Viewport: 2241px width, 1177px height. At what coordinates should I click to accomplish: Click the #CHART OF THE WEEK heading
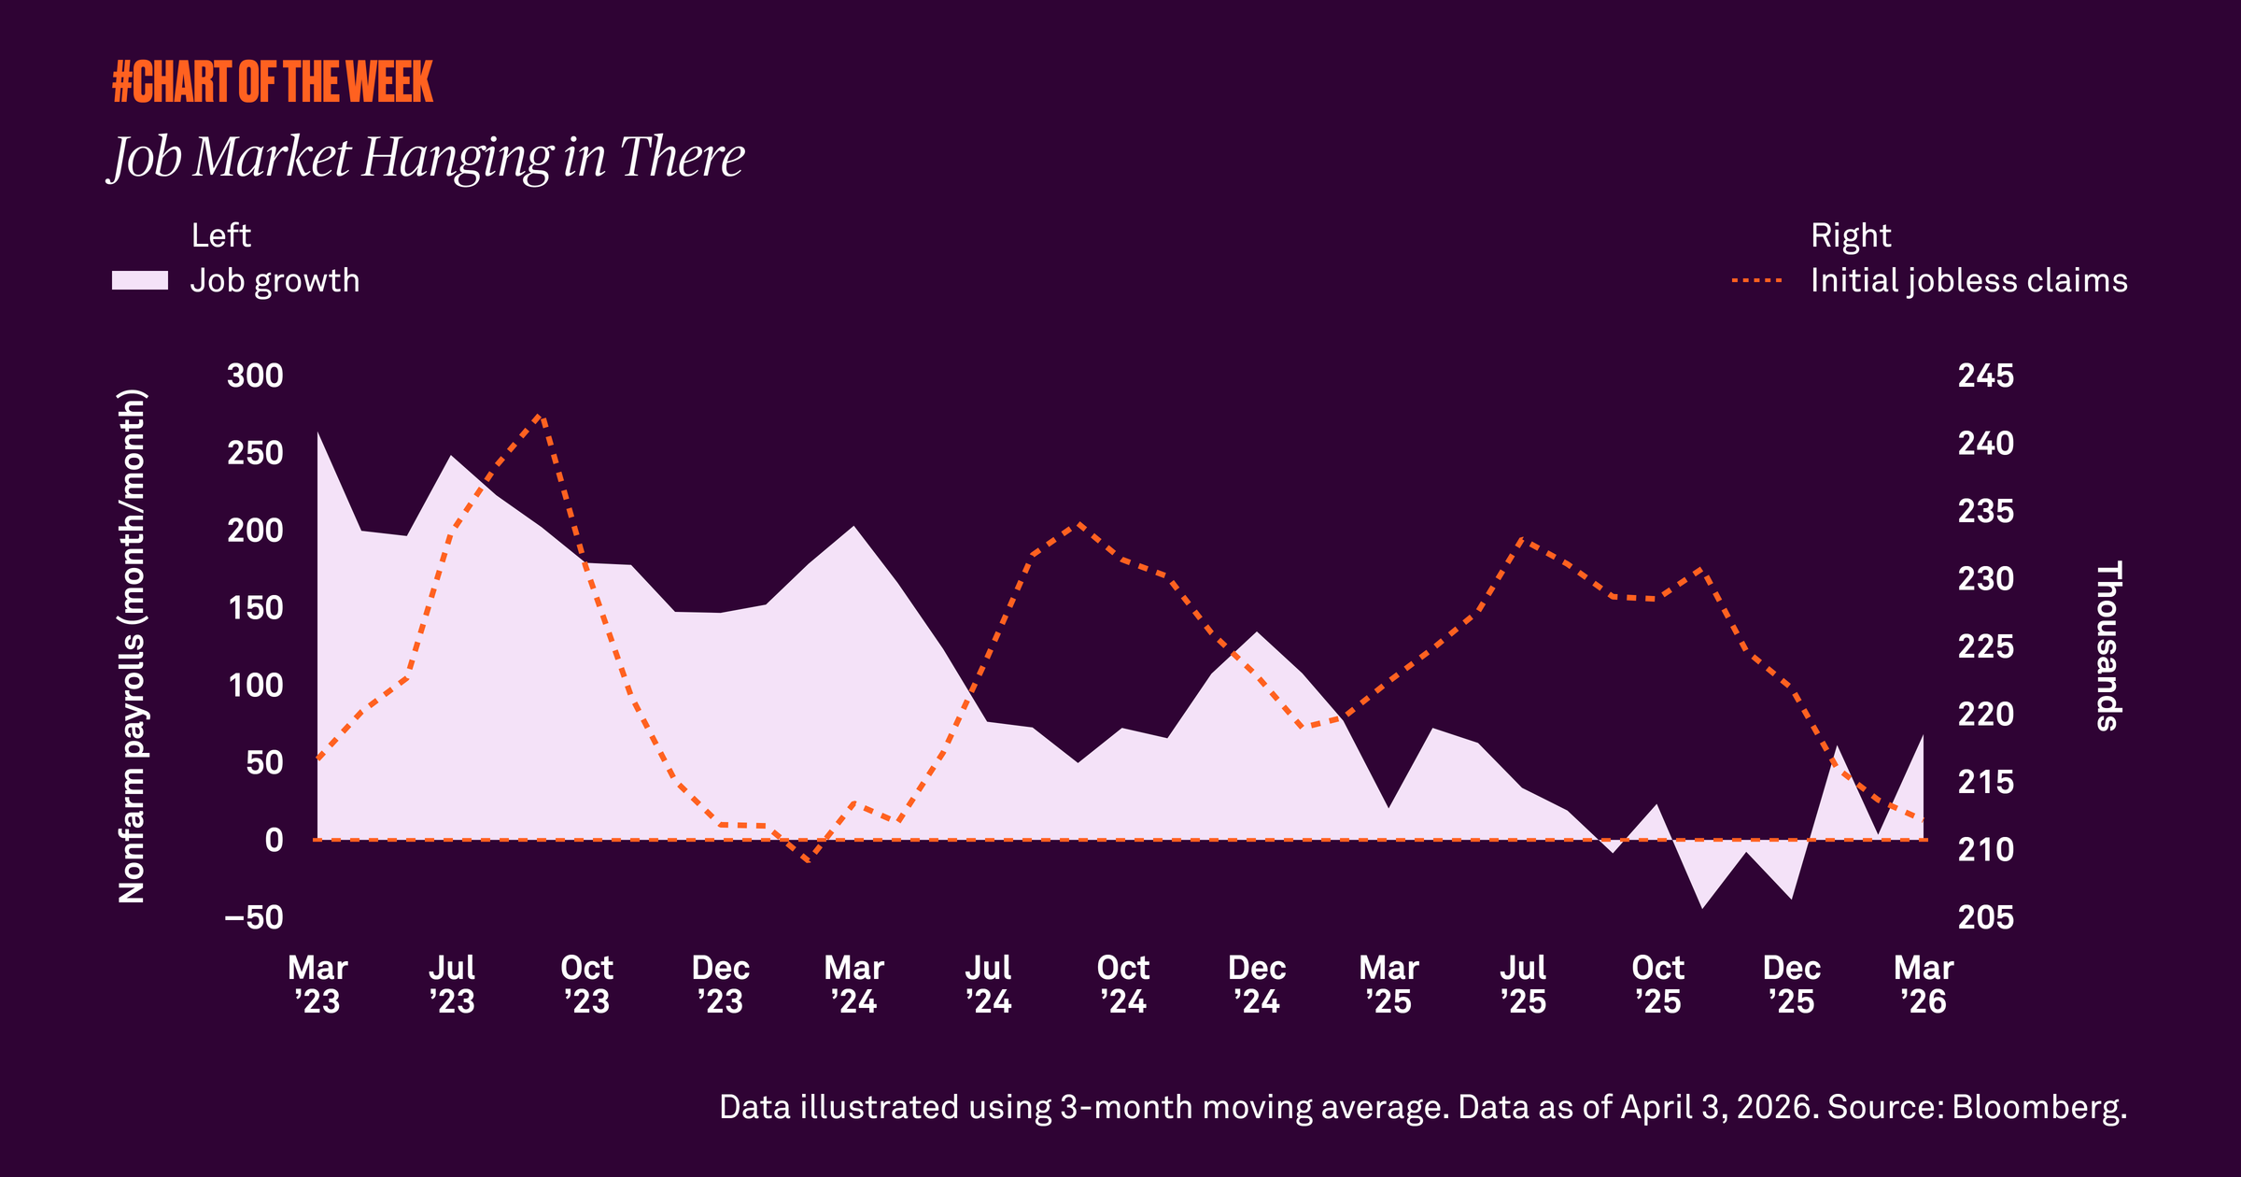273,82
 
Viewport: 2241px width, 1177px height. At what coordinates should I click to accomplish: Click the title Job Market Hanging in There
427,157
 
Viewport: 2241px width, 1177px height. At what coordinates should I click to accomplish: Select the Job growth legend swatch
140,280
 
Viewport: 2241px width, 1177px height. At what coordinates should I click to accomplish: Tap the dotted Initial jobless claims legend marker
1756,280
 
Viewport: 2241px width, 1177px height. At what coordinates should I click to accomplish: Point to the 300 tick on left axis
255,376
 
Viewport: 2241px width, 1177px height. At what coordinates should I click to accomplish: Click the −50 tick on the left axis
254,917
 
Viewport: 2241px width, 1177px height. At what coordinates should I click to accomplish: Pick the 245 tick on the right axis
1985,376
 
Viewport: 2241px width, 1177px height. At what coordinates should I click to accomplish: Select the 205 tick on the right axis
1985,917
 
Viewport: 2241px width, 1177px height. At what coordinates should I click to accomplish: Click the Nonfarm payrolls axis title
132,646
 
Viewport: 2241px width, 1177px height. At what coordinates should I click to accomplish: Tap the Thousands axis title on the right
2108,646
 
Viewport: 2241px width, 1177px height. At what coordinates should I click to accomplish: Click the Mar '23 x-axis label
317,985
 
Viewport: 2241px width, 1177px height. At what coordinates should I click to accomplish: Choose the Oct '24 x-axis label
1122,985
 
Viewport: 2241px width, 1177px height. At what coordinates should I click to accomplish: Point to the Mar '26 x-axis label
1924,985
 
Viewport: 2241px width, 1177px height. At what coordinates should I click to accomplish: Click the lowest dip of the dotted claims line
808,859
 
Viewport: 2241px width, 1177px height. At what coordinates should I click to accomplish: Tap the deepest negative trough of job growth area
1702,906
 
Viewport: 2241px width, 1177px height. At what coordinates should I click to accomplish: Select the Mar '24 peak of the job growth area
854,527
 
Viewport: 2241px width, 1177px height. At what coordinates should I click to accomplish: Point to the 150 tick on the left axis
255,608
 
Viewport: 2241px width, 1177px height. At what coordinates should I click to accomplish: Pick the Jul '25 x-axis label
1523,985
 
